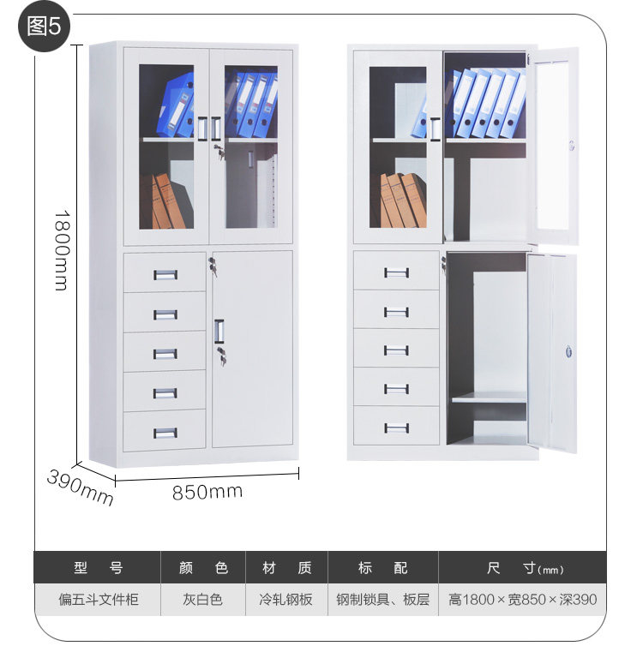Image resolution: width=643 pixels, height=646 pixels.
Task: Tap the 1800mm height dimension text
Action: point(60,249)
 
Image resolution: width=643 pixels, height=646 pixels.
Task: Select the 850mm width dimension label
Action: point(207,492)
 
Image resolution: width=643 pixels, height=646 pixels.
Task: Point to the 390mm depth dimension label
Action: point(80,486)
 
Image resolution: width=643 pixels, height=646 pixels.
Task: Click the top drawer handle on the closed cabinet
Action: point(165,274)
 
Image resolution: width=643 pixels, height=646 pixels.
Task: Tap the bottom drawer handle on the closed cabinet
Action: point(165,432)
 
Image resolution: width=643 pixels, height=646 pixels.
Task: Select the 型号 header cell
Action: point(98,567)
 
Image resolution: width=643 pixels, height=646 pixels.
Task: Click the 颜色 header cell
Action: point(203,567)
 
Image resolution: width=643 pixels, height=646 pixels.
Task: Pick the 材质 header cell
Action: point(286,567)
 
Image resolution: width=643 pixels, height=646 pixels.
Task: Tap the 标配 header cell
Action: point(383,567)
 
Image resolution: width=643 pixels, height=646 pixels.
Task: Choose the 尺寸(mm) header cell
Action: point(523,568)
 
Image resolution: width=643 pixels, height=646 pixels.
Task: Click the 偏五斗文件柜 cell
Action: point(98,599)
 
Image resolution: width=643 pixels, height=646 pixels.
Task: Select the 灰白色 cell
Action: point(203,599)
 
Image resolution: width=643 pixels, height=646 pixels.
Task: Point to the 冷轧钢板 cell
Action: point(286,599)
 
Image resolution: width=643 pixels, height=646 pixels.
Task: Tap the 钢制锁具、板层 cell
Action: point(383,599)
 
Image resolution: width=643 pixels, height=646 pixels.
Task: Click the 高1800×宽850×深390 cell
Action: point(523,599)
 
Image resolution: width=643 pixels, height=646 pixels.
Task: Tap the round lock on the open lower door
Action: point(566,350)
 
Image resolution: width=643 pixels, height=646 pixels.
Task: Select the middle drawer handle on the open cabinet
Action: point(396,350)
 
